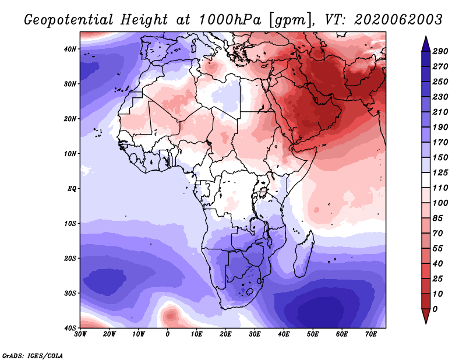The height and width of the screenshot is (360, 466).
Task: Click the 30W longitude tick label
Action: coord(80,334)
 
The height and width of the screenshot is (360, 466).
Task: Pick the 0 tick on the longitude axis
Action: coord(168,334)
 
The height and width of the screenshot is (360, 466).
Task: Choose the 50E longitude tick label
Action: coord(313,334)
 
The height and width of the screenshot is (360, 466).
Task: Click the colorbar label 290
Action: coord(440,51)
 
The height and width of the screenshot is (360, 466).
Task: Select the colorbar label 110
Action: coord(440,189)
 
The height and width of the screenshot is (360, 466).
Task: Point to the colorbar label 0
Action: coord(435,308)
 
